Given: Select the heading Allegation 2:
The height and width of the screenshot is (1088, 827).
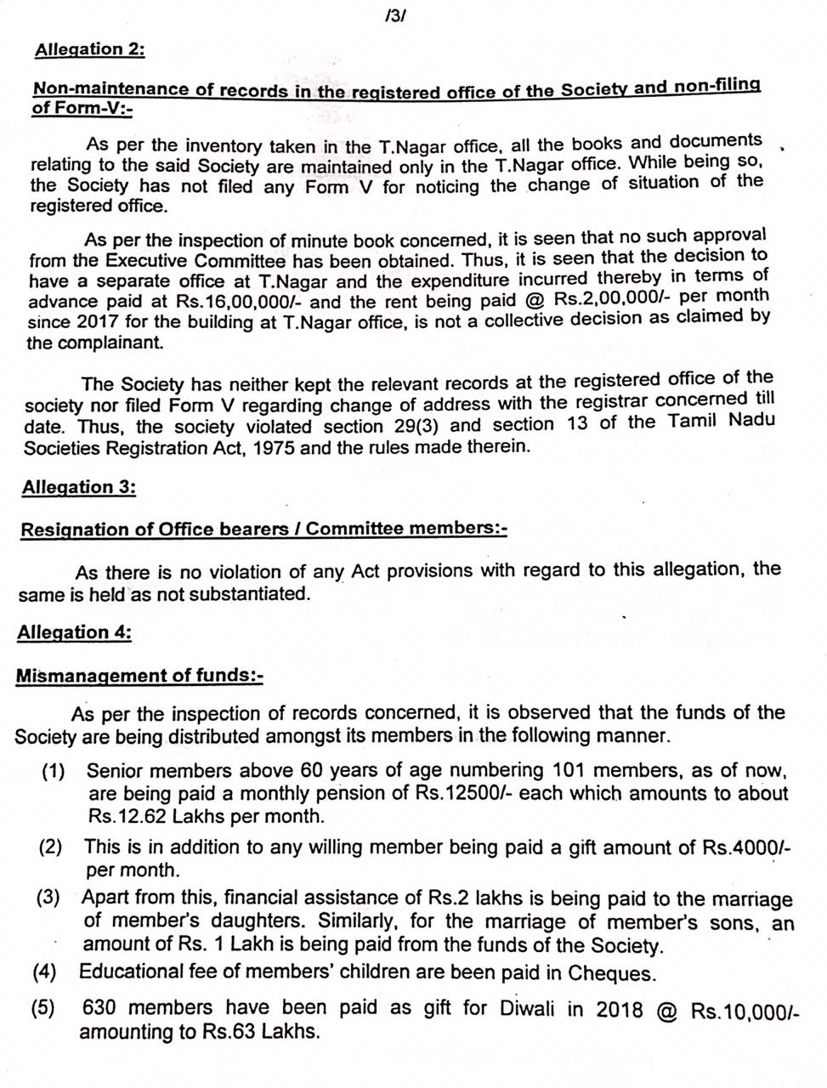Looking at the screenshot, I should coord(89,49).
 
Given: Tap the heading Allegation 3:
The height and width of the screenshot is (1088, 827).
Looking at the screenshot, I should coord(79,488).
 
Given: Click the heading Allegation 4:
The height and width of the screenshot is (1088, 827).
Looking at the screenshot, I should coord(74,633).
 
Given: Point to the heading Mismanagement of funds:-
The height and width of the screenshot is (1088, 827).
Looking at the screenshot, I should coord(139,677).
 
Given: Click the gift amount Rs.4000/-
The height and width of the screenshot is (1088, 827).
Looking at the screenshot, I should coord(747,847).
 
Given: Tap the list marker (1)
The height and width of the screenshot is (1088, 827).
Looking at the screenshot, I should coord(54,772).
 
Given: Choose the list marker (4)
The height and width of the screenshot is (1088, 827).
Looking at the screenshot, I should coord(45,972).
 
